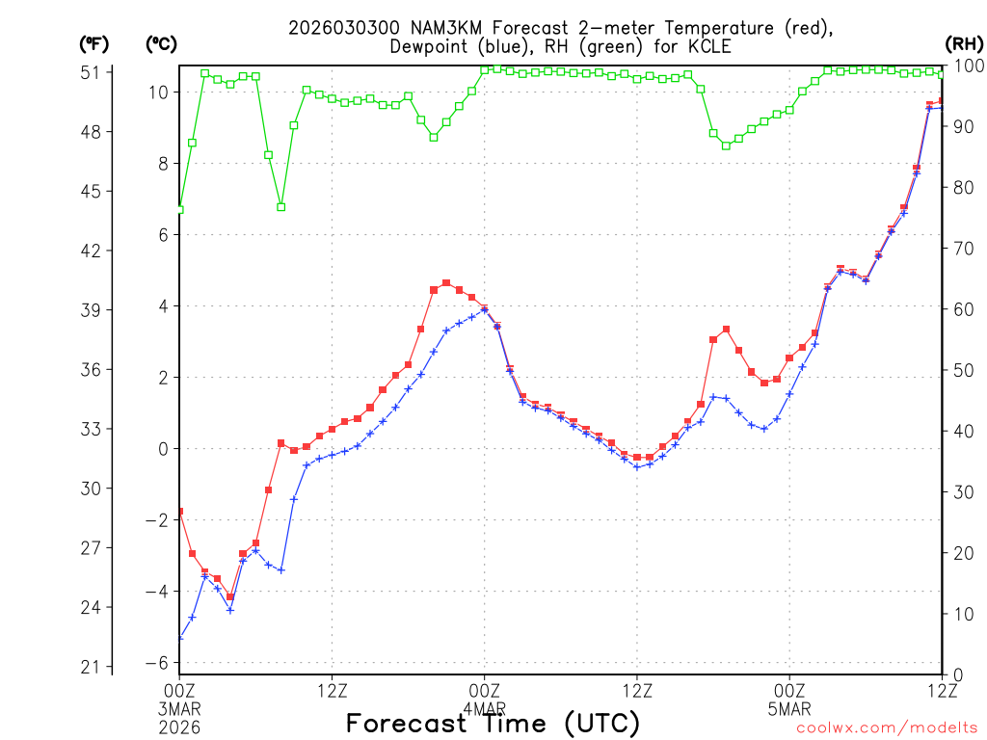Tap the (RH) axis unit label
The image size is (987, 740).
coord(964,43)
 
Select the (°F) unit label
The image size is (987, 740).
coord(94,43)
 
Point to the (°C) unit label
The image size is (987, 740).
coord(162,43)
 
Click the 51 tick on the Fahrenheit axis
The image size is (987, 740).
coord(95,72)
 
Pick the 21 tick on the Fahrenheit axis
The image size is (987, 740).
coord(95,667)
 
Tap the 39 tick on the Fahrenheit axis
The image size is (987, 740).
coord(95,310)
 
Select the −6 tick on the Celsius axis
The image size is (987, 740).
coord(157,663)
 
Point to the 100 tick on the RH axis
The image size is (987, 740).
coord(968,66)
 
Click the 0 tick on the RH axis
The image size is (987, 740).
coord(957,674)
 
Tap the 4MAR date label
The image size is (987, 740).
coord(484,708)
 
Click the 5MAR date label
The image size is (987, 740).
coord(789,708)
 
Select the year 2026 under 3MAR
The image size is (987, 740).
coord(180,727)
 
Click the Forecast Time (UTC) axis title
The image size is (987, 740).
coord(493,723)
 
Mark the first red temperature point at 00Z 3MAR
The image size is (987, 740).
coord(180,512)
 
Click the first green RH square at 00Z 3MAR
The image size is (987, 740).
coord(180,209)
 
